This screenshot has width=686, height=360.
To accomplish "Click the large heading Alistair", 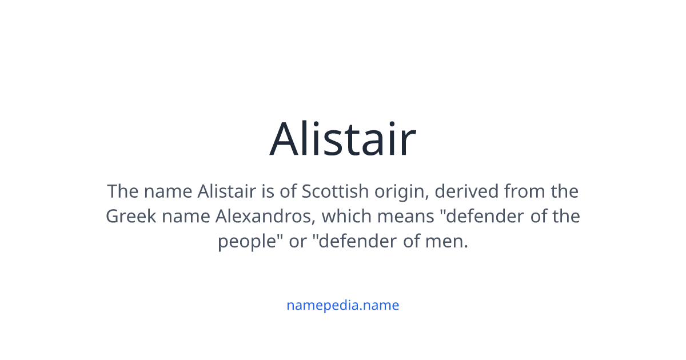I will pyautogui.click(x=342, y=139).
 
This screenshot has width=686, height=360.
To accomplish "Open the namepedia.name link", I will pyautogui.click(x=342, y=305).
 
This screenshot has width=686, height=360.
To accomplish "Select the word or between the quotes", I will pyautogui.click(x=298, y=242).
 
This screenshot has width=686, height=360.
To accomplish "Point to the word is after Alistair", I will pyautogui.click(x=268, y=191).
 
